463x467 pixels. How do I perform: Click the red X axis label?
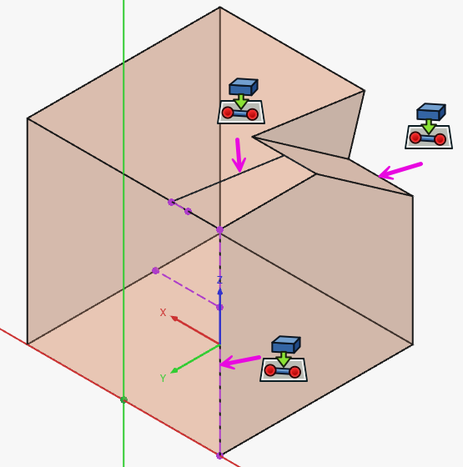(x=163, y=313)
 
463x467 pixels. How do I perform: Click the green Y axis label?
(x=163, y=379)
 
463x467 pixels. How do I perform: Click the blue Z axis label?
(x=219, y=280)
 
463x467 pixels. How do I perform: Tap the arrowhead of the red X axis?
(x=174, y=319)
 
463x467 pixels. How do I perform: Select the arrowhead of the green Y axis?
(x=174, y=371)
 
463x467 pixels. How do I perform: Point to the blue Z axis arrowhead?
(x=220, y=291)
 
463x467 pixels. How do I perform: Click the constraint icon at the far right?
(x=429, y=126)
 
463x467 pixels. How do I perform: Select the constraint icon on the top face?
(x=241, y=101)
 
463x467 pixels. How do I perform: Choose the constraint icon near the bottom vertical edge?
(x=284, y=359)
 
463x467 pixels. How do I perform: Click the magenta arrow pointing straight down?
(x=239, y=155)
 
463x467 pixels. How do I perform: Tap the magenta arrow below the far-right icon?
(x=400, y=171)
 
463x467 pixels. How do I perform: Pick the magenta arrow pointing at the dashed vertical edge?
(x=240, y=362)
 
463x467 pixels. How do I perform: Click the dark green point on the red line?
(x=123, y=399)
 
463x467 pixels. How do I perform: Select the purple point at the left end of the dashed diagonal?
(x=155, y=270)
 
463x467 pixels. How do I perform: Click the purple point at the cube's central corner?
(x=220, y=229)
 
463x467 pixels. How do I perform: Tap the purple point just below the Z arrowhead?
(x=220, y=307)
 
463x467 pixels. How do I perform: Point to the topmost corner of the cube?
(x=220, y=7)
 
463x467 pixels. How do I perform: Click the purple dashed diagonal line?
(x=188, y=289)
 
